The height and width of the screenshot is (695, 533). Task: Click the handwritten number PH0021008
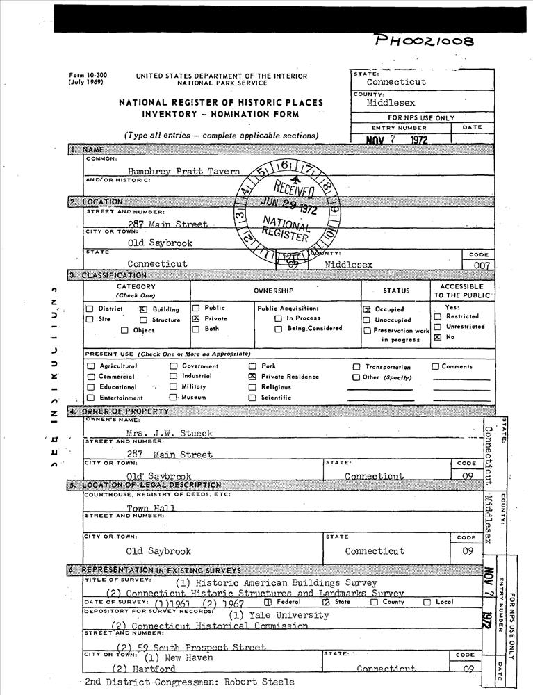tap(424, 40)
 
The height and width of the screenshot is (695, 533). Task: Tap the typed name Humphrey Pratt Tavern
tap(183, 171)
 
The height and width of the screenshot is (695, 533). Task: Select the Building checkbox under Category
tap(143, 309)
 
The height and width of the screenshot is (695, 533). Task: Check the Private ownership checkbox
tap(196, 318)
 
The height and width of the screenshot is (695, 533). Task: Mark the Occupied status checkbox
tap(367, 309)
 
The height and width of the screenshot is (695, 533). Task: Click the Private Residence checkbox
tap(252, 377)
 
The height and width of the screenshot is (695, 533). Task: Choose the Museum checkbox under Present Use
tap(173, 398)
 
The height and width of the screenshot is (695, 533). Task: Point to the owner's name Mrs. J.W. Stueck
tap(169, 433)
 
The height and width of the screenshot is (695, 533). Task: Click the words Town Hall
tap(151, 508)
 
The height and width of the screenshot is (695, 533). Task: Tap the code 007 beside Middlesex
tap(481, 265)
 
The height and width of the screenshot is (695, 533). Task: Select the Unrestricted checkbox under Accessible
tap(438, 327)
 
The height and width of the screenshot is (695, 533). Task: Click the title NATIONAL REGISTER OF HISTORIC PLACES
tap(220, 102)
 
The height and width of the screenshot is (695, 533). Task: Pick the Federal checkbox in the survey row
tap(268, 603)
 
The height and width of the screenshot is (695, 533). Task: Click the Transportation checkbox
tap(356, 367)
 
